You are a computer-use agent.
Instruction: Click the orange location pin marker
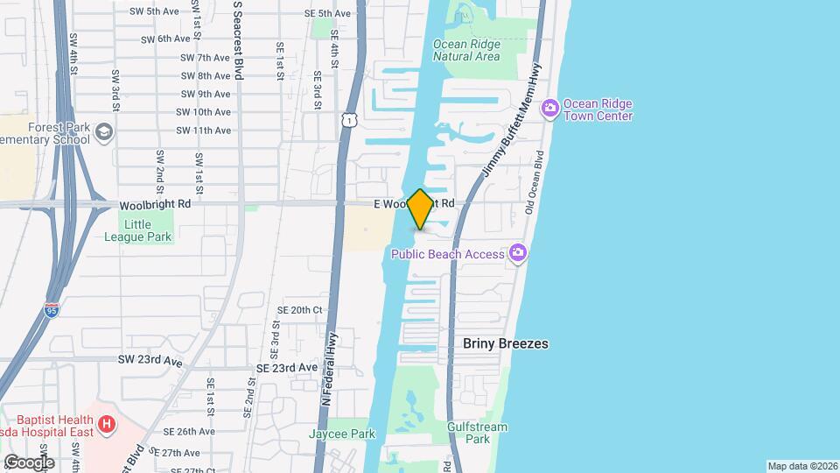tap(420, 209)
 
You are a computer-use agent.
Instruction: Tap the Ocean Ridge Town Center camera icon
tap(550, 109)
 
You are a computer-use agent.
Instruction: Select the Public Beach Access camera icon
tap(519, 253)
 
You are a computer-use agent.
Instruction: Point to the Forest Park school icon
tap(104, 132)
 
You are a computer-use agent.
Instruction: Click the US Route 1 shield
tap(349, 118)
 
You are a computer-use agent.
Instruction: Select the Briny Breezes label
tap(506, 343)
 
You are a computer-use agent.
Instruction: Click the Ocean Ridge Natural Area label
tap(466, 50)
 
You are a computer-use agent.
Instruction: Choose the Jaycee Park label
tap(341, 434)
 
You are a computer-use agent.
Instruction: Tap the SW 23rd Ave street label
tap(150, 361)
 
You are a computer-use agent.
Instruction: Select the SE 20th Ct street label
tap(300, 310)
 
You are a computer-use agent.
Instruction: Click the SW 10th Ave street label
tap(203, 112)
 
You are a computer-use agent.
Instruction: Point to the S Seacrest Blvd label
tap(238, 39)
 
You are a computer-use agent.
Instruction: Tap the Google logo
tap(28, 462)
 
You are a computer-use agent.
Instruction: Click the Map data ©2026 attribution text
tap(801, 466)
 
